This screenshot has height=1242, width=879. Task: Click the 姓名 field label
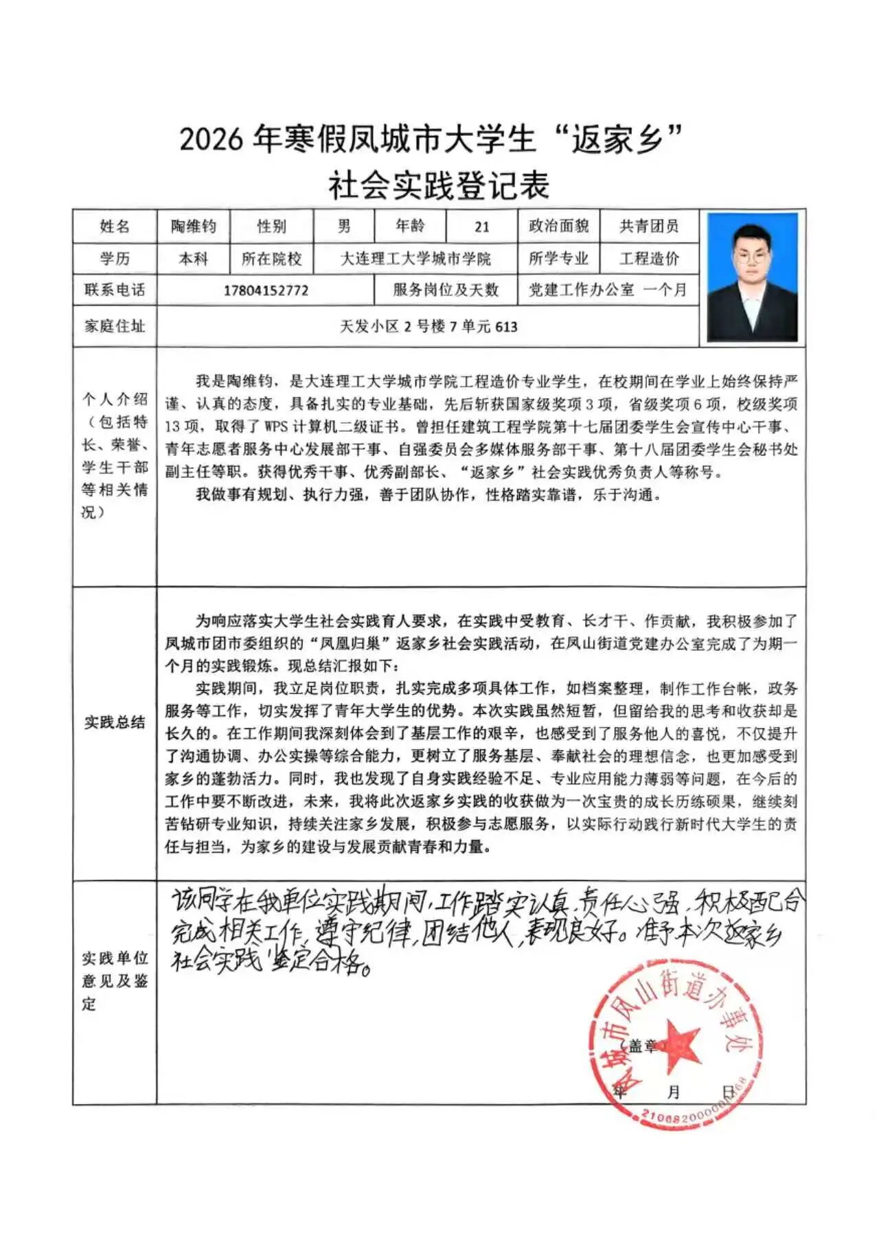click(x=115, y=226)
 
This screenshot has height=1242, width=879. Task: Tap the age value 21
click(x=481, y=227)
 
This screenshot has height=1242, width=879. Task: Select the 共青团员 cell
click(x=648, y=226)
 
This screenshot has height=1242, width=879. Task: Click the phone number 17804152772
click(x=266, y=290)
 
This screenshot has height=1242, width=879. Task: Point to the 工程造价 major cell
click(x=648, y=258)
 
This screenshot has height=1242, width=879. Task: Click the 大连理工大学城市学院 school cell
click(x=415, y=259)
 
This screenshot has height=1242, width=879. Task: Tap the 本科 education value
click(x=193, y=259)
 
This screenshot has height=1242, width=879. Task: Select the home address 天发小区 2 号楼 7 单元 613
click(x=429, y=326)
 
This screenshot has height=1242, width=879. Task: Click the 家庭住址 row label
click(x=115, y=326)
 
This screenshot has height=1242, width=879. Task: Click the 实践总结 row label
click(x=115, y=722)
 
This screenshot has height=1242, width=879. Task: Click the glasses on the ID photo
click(x=751, y=258)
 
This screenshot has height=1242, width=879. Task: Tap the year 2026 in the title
click(x=211, y=139)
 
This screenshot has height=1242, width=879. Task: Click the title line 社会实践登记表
click(x=439, y=186)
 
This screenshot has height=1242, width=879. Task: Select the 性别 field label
click(x=271, y=226)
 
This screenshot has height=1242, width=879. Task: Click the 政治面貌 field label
click(x=558, y=226)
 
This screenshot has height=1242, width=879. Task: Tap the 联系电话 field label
click(x=115, y=290)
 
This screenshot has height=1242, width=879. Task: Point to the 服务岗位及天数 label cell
click(x=445, y=290)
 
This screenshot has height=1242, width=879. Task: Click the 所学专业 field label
click(x=558, y=258)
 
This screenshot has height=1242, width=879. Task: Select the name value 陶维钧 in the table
click(x=193, y=226)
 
